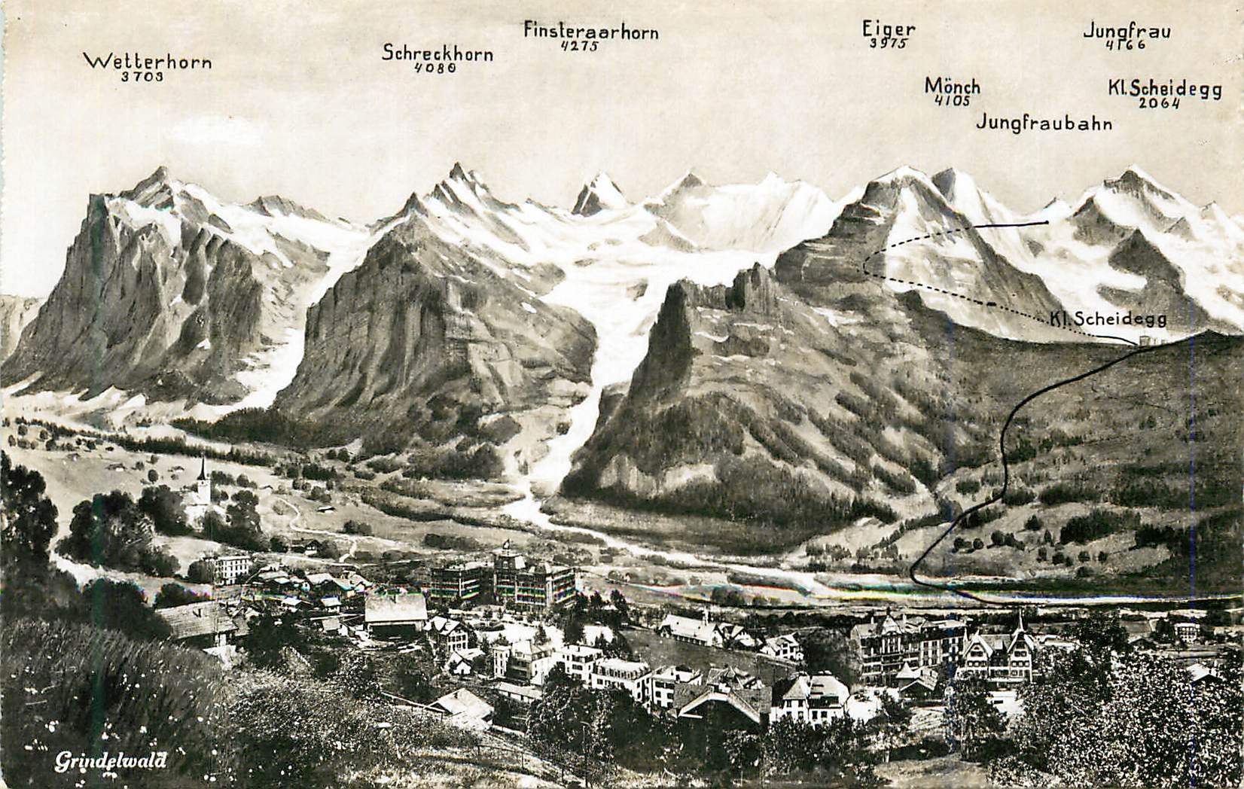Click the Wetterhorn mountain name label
[148, 61]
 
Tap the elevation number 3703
[142, 76]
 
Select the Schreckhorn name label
[438, 53]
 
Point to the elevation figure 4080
[435, 68]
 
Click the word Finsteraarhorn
[591, 32]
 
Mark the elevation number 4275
[580, 46]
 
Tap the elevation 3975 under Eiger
[889, 44]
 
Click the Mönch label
[953, 87]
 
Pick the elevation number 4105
[952, 101]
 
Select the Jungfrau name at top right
[1127, 31]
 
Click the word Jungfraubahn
[1044, 123]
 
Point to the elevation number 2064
[1159, 103]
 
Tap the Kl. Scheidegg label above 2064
[1164, 89]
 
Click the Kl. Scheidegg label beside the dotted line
[1108, 319]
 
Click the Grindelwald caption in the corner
[110, 762]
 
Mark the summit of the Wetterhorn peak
[160, 171]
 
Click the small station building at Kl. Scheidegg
[1145, 342]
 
